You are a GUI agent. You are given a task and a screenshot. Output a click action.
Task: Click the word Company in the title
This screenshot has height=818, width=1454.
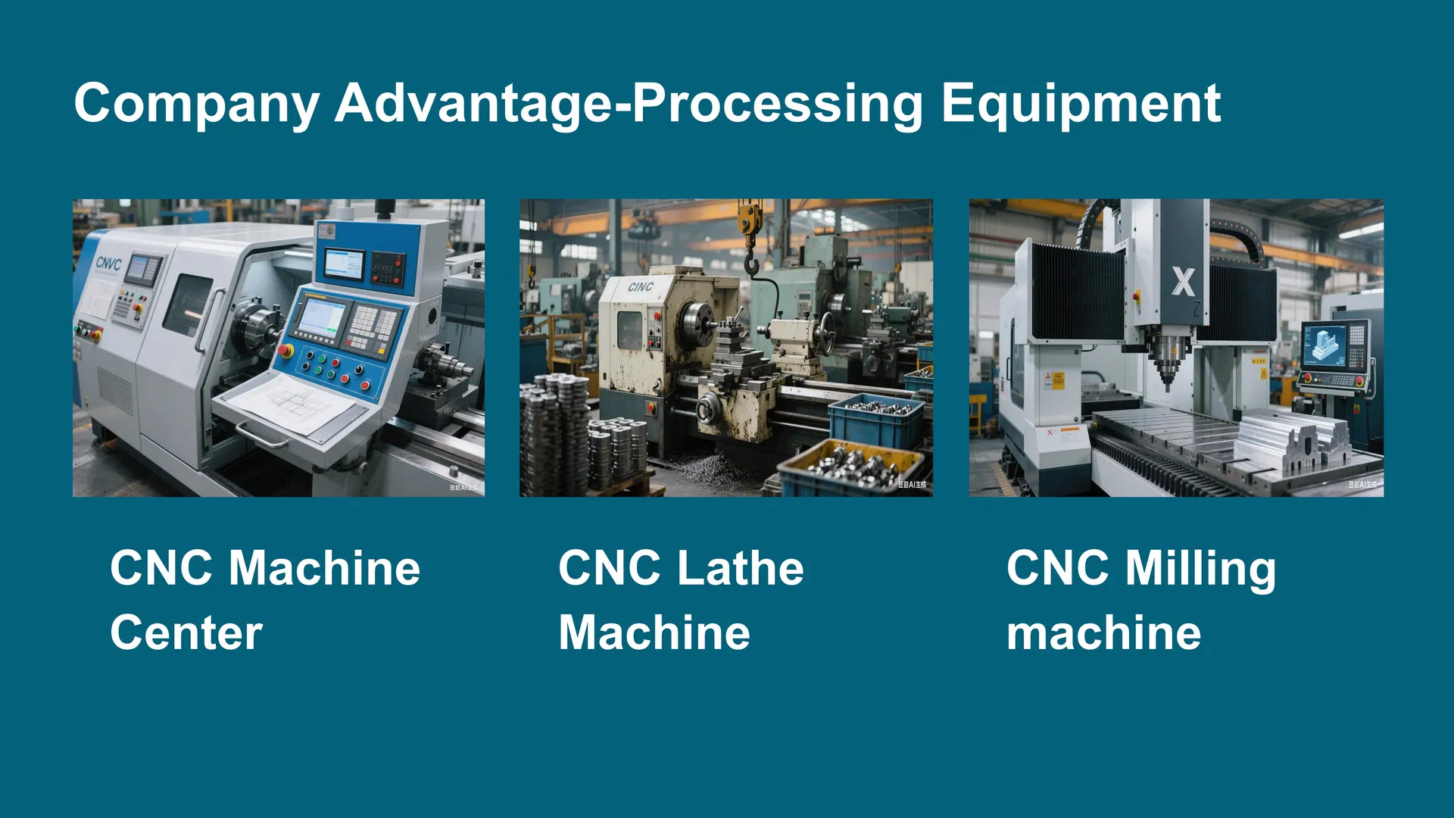196,104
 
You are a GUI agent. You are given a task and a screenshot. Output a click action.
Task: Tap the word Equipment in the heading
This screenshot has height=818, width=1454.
1081,104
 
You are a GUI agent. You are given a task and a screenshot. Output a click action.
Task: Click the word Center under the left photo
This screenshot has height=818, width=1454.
186,632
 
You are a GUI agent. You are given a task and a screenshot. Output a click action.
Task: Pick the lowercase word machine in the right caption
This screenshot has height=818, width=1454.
1103,633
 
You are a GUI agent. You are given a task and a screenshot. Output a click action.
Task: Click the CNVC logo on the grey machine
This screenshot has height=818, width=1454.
108,263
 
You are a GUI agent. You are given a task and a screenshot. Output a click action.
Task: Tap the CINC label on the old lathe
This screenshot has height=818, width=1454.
640,286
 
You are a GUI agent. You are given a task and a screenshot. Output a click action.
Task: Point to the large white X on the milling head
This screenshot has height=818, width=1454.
1183,282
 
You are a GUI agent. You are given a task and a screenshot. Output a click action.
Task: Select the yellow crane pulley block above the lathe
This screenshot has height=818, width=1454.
749,219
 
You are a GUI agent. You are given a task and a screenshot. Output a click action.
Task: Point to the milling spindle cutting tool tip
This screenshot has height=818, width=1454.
1167,382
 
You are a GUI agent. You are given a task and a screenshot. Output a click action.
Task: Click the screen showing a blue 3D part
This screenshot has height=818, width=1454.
1325,345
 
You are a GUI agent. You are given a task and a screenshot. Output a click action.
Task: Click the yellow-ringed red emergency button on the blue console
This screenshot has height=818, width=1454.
285,351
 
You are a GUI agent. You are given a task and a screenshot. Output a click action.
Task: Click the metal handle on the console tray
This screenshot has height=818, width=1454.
262,438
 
